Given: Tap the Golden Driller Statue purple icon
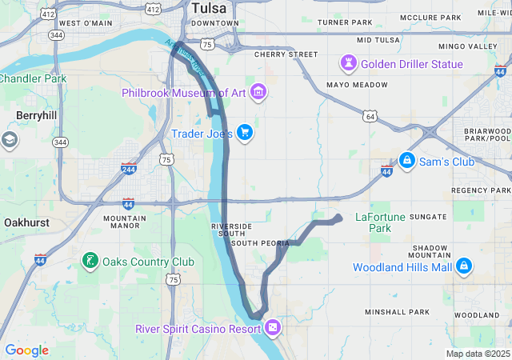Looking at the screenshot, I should pos(350,62).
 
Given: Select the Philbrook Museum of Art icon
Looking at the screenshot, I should pos(258,94).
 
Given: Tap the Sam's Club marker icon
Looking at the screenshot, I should pos(406,162).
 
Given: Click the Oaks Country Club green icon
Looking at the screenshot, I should pos(90,261).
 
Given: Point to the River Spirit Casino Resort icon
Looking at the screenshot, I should pos(274,326).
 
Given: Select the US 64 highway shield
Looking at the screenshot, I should pos(369,116).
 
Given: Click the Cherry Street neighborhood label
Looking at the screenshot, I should pos(286,54).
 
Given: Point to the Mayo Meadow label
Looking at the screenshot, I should pos(357,85).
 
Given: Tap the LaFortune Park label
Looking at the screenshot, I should pos(373,222).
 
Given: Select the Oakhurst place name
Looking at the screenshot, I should pos(26,222).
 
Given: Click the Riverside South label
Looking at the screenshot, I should pos(231,230).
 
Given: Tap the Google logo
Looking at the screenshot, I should pos(26,350).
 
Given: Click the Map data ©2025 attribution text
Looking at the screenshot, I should pos(477,354).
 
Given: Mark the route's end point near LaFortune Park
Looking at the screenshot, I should pos(338,218).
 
